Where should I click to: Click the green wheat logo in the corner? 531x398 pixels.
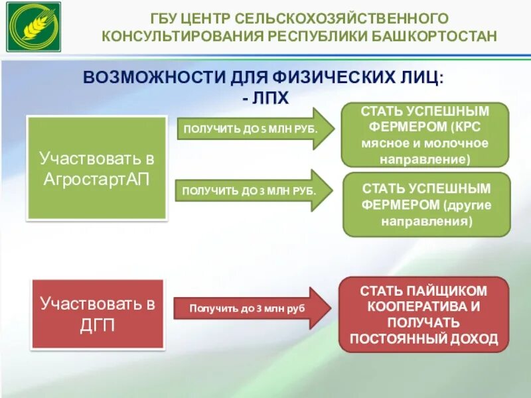pos(33,27)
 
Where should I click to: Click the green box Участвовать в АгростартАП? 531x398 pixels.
pos(96,168)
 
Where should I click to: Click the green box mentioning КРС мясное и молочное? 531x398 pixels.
pos(425,135)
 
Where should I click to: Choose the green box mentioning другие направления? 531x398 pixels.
pos(426,204)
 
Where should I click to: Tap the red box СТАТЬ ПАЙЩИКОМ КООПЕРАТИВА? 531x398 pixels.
pos(423,314)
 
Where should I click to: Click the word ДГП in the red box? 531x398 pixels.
pos(97,325)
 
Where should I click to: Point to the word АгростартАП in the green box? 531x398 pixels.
pos(97,179)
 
